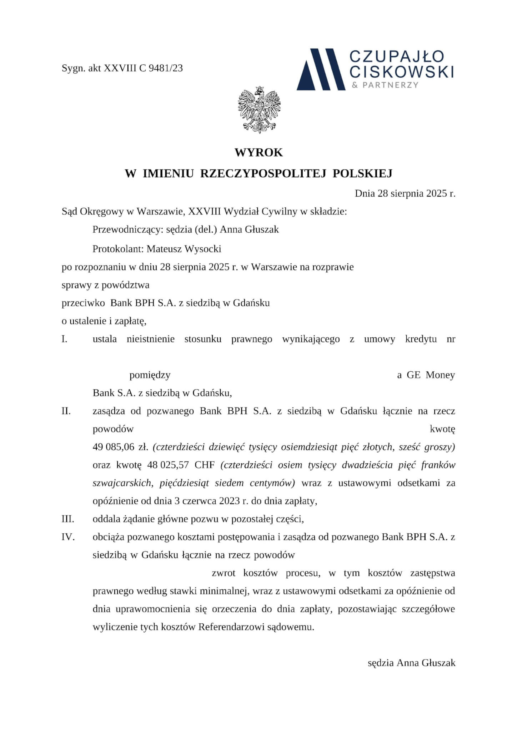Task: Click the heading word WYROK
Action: click(258, 153)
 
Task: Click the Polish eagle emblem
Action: click(259, 110)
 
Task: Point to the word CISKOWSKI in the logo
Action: click(401, 71)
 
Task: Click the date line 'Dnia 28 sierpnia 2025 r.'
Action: click(405, 194)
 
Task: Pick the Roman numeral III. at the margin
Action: click(68, 519)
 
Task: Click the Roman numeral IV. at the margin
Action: click(68, 537)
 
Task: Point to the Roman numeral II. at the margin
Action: click(66, 411)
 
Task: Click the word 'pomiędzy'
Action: click(150, 375)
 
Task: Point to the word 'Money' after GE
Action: click(440, 375)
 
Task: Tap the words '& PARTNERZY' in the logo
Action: click(385, 85)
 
